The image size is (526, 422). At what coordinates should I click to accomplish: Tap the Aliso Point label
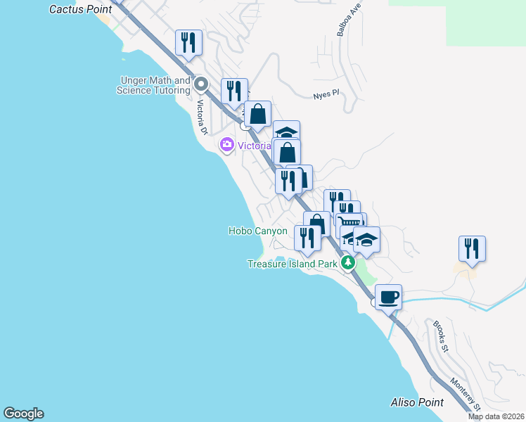coord(417,402)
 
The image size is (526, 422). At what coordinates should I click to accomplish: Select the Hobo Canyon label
coord(257,231)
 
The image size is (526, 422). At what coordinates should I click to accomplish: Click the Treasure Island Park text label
coord(293,264)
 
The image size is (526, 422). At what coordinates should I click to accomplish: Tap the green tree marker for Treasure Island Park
coord(347,263)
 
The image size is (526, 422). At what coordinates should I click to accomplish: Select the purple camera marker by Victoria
coord(227,146)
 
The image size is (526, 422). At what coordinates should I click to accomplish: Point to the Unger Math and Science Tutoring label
coord(154,86)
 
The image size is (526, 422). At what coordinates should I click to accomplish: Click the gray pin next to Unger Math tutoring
coord(200,84)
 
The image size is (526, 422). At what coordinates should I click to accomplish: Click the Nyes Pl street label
coord(326,95)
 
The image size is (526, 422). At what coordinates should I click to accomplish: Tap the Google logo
coord(23,414)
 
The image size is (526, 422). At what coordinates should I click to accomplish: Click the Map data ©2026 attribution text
coord(496,416)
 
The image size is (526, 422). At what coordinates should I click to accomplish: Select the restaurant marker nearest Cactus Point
coord(188,42)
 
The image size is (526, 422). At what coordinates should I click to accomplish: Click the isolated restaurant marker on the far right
coord(472,248)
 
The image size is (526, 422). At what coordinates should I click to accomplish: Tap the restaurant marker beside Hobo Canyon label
coord(307,238)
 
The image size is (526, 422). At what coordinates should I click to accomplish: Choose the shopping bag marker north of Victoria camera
coord(258,114)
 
